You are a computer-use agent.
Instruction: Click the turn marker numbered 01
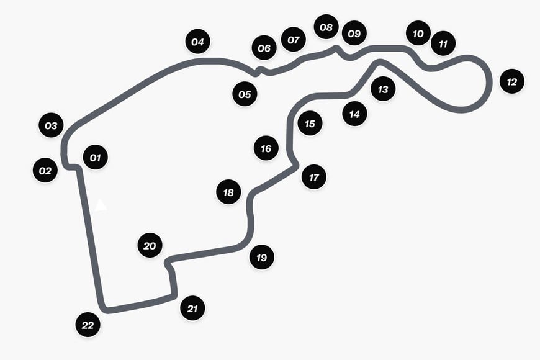(96, 157)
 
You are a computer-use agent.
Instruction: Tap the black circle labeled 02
(45, 170)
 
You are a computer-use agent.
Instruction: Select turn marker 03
(51, 125)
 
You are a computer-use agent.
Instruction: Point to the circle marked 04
(197, 42)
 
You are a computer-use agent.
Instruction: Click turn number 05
(245, 94)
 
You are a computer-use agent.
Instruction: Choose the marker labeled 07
(294, 39)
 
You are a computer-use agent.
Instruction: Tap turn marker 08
(326, 27)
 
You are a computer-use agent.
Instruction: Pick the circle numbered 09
(354, 33)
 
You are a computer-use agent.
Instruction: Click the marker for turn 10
(418, 33)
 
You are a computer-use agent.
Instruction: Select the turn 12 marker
(512, 81)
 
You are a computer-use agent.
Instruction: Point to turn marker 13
(383, 89)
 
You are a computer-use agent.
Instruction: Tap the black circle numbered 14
(354, 114)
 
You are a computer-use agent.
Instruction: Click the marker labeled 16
(266, 148)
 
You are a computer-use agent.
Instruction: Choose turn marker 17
(313, 177)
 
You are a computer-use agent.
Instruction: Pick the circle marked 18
(228, 192)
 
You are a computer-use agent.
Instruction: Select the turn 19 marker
(262, 257)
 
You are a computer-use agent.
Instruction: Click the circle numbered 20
(150, 245)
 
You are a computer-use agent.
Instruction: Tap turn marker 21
(192, 308)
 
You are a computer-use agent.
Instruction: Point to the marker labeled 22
(88, 325)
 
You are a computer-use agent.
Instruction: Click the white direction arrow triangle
(101, 205)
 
